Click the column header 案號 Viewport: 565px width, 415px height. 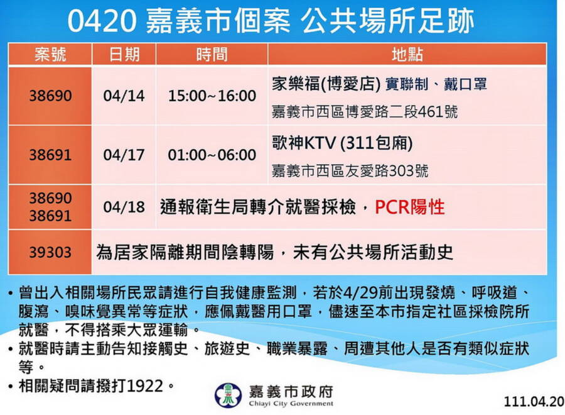pos(50,55)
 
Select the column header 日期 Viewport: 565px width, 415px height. pos(124,55)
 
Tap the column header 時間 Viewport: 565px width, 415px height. pos(212,55)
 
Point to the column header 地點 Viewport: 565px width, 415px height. pos(407,55)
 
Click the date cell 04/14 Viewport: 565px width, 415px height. pos(124,96)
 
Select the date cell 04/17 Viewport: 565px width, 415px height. pos(124,155)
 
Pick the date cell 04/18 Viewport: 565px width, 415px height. pos(124,207)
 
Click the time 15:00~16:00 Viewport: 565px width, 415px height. pos(212,96)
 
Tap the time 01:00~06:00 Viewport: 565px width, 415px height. pos(212,155)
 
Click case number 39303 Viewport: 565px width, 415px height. pos(50,252)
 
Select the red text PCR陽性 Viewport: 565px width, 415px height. pos(410,207)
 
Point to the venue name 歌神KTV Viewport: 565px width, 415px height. pos(304,143)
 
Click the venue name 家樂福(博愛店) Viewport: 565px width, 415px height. pos(326,84)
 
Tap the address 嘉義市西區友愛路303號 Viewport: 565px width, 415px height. pos(350,170)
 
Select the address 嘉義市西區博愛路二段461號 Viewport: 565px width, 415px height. pos(365,111)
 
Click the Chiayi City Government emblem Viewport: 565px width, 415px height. pos(228,396)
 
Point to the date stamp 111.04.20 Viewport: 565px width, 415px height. pos(534,402)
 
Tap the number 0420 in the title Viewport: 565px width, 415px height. pos(102,21)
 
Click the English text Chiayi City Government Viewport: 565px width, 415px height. pos(291,404)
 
